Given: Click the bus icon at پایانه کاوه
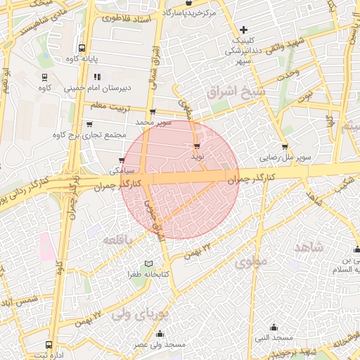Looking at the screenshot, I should click(x=82, y=49).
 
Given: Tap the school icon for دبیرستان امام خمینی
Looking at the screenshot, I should click(x=97, y=77).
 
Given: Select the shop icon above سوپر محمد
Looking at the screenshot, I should click(x=152, y=112).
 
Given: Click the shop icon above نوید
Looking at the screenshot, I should click(x=196, y=146).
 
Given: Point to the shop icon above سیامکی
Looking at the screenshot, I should click(x=122, y=160).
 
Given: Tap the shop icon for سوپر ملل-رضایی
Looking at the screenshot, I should click(x=284, y=147).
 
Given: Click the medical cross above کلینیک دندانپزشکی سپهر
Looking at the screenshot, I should click(x=243, y=30).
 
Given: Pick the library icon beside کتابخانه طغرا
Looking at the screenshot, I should click(x=148, y=264).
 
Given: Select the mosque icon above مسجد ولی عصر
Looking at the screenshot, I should click(x=160, y=334).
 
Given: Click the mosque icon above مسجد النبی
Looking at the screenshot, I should click(x=274, y=327).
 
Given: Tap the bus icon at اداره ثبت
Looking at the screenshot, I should click(x=48, y=345).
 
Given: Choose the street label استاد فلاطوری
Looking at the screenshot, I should click(x=127, y=18).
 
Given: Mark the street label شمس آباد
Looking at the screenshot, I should click(x=18, y=302).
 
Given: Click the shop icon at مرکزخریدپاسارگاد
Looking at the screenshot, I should click(x=188, y=4).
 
